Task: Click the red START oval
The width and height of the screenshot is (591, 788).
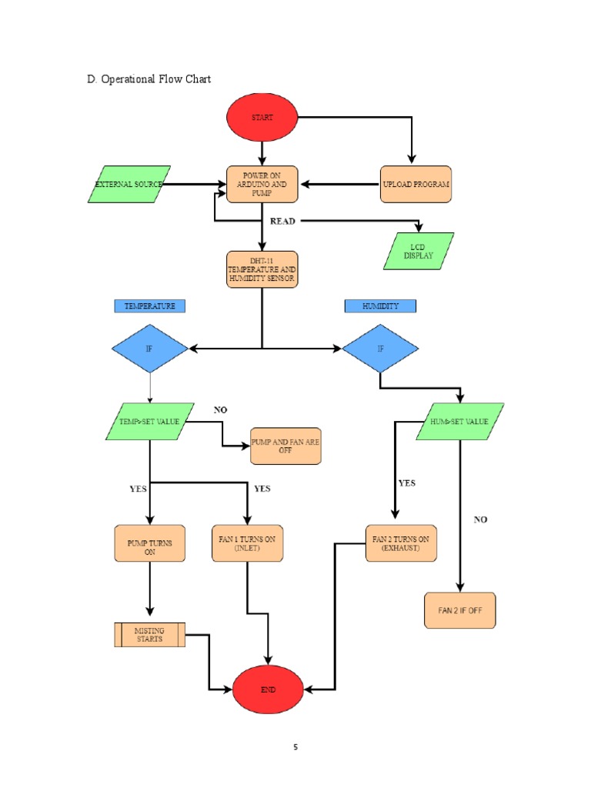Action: pyautogui.click(x=262, y=118)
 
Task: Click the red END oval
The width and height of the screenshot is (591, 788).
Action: pyautogui.click(x=267, y=689)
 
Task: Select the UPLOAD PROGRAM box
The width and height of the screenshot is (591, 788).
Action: pyautogui.click(x=416, y=185)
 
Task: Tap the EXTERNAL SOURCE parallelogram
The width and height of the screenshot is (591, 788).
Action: pyautogui.click(x=129, y=185)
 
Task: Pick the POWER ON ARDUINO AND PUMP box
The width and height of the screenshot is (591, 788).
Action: pyautogui.click(x=262, y=185)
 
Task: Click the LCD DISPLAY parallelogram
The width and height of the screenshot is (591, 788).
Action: pyautogui.click(x=419, y=251)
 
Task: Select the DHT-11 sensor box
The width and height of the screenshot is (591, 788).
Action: pyautogui.click(x=262, y=269)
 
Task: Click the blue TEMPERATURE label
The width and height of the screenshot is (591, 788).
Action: pyautogui.click(x=150, y=306)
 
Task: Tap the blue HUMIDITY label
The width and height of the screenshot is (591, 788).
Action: pyautogui.click(x=380, y=306)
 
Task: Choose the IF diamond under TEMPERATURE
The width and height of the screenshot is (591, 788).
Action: pyautogui.click(x=150, y=349)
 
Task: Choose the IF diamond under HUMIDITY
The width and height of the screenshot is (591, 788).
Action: pyautogui.click(x=380, y=349)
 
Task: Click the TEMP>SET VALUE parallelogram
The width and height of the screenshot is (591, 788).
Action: pyautogui.click(x=150, y=422)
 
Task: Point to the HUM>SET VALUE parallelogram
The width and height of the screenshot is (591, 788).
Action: pyautogui.click(x=460, y=422)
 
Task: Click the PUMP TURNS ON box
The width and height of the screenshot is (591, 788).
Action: pyautogui.click(x=150, y=543)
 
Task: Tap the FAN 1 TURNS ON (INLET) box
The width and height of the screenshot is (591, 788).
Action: pyautogui.click(x=247, y=543)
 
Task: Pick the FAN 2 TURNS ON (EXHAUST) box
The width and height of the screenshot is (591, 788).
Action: pyautogui.click(x=400, y=543)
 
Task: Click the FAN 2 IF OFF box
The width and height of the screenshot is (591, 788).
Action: pyautogui.click(x=460, y=610)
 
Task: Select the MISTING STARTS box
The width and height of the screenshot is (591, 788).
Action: pyautogui.click(x=150, y=635)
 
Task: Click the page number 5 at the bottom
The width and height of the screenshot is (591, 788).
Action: pyautogui.click(x=295, y=747)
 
